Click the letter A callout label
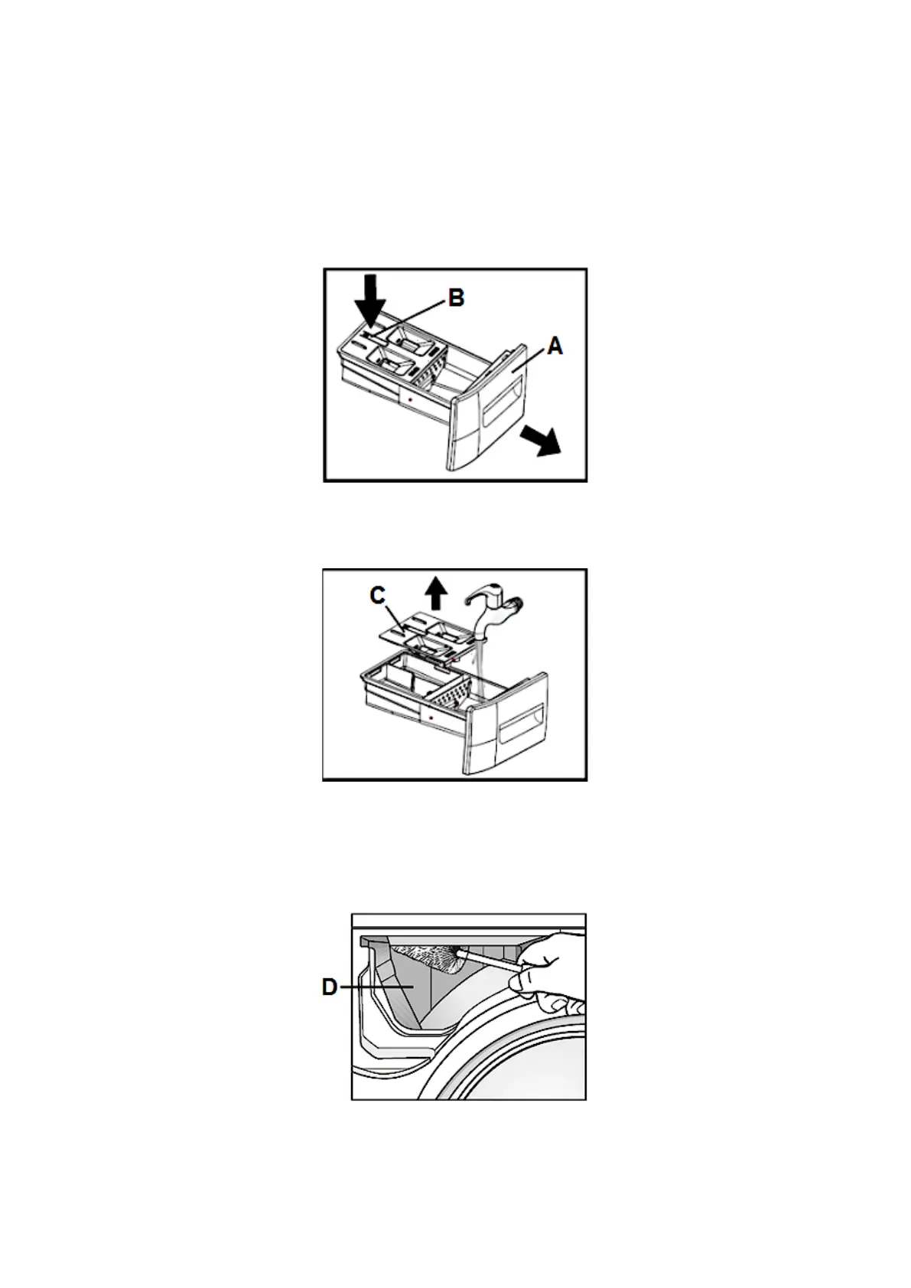tap(555, 346)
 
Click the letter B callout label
tap(456, 298)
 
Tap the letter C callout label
tap(377, 595)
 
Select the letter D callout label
tap(330, 987)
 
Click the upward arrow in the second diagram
tap(436, 594)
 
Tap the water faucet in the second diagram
tap(493, 604)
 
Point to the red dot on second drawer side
tap(432, 719)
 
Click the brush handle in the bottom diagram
tap(493, 960)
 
